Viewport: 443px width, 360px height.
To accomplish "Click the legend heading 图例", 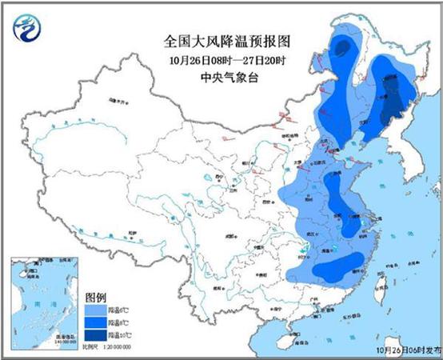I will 95,294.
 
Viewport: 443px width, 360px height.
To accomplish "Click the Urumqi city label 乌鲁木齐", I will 118,102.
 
